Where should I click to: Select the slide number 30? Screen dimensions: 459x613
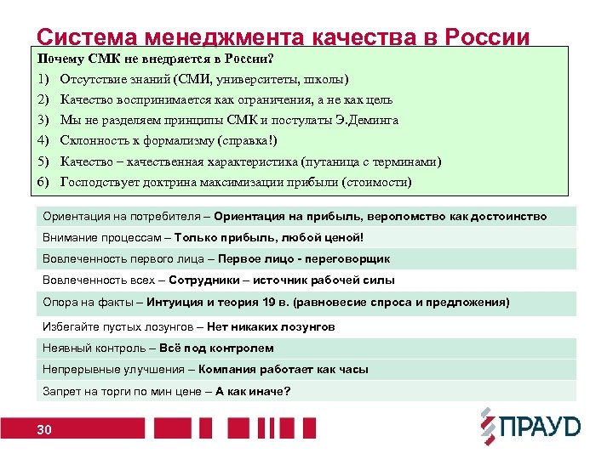click(x=44, y=431)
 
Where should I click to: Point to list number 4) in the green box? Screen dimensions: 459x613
click(x=44, y=140)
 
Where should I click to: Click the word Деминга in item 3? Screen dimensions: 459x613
click(x=371, y=120)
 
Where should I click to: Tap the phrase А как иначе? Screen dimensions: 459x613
click(x=253, y=391)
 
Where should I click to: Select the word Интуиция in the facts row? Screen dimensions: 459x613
click(x=174, y=303)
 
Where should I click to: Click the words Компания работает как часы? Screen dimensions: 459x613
click(x=284, y=370)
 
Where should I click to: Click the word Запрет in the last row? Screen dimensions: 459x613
click(x=60, y=391)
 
